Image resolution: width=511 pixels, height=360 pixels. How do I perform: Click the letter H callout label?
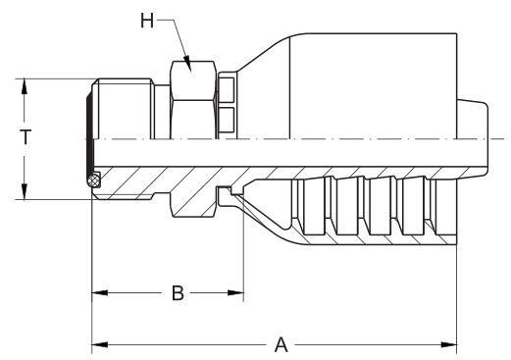147,21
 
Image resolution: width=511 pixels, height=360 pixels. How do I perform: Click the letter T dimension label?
26,136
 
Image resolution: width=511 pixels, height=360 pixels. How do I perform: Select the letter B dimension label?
178,293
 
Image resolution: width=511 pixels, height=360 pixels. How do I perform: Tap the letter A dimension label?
281,344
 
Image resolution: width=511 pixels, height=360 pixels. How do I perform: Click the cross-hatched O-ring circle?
93,180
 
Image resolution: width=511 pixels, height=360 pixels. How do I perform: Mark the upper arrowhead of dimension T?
25,86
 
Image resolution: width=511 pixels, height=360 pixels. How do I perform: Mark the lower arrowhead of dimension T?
25,191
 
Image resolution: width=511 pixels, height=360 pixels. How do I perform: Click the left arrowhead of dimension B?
100,292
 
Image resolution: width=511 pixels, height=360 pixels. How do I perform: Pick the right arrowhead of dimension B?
236,292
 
